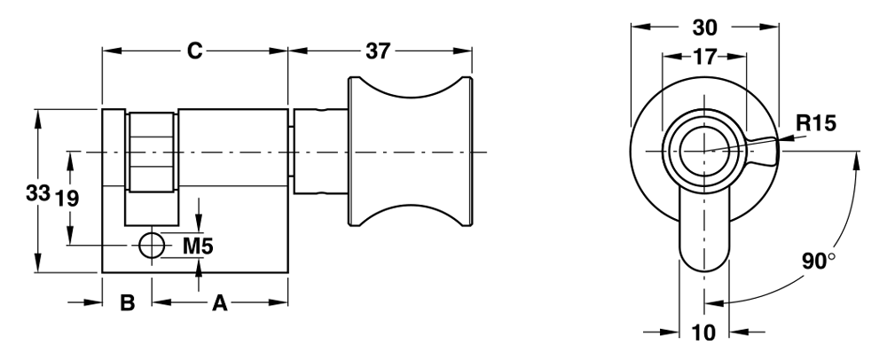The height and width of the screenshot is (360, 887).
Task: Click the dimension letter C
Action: click(x=194, y=51)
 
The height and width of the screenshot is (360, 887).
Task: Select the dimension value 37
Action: click(x=378, y=51)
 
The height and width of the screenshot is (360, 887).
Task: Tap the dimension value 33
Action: click(x=38, y=193)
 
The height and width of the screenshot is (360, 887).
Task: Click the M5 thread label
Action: click(x=198, y=246)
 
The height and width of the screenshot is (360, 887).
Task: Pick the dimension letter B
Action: click(x=127, y=303)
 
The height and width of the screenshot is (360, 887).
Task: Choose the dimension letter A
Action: click(x=219, y=303)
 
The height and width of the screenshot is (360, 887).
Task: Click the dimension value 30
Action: click(x=705, y=27)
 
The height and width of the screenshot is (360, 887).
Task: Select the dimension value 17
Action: click(x=704, y=57)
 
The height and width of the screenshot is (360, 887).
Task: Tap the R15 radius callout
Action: click(x=815, y=124)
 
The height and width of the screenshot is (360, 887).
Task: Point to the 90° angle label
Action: click(x=818, y=262)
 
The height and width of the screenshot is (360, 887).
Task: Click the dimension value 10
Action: click(x=704, y=333)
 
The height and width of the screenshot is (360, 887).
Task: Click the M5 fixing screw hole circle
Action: click(x=152, y=246)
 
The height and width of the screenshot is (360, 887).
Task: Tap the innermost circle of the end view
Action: click(x=704, y=152)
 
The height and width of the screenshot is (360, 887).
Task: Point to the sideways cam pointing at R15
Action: click(x=761, y=152)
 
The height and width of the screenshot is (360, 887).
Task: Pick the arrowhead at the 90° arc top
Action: click(x=858, y=161)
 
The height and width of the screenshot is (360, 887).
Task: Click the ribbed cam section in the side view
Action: click(x=152, y=152)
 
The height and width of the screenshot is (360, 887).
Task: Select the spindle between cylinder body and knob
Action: click(x=318, y=152)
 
